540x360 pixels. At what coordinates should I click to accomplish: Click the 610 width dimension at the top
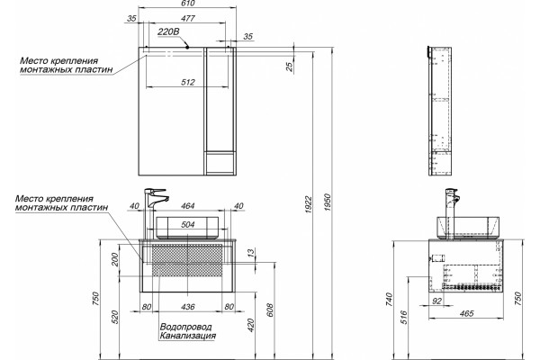tap(188, 3)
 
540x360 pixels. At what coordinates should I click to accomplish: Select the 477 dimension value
tap(188, 18)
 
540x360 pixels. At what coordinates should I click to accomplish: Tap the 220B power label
tap(168, 32)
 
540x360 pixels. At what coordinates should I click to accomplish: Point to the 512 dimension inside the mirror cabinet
tap(188, 82)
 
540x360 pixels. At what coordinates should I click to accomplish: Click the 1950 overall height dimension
tap(328, 202)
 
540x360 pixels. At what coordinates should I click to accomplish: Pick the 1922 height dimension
tap(308, 204)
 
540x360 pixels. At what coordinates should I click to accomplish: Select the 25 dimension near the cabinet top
tap(290, 66)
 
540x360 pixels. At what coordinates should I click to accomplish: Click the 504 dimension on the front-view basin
tap(188, 225)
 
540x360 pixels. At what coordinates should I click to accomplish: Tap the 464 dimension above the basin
tap(188, 206)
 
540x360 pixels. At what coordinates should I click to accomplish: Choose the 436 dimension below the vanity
tap(188, 307)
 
